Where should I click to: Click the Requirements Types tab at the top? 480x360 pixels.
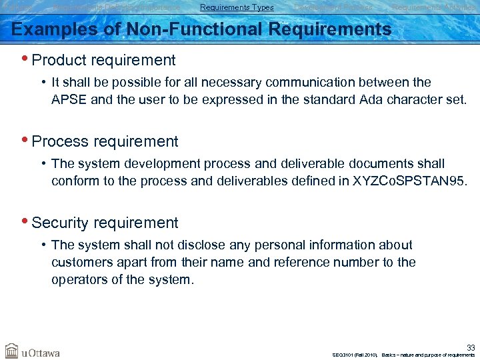click(237, 7)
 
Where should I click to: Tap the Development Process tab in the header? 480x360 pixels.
click(333, 7)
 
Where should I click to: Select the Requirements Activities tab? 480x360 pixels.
click(433, 7)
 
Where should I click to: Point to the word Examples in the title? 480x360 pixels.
click(49, 29)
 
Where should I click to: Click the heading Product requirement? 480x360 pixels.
click(103, 60)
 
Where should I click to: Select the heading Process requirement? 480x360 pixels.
click(105, 141)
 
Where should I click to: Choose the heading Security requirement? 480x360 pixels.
click(105, 223)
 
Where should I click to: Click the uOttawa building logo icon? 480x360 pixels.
click(12, 351)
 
